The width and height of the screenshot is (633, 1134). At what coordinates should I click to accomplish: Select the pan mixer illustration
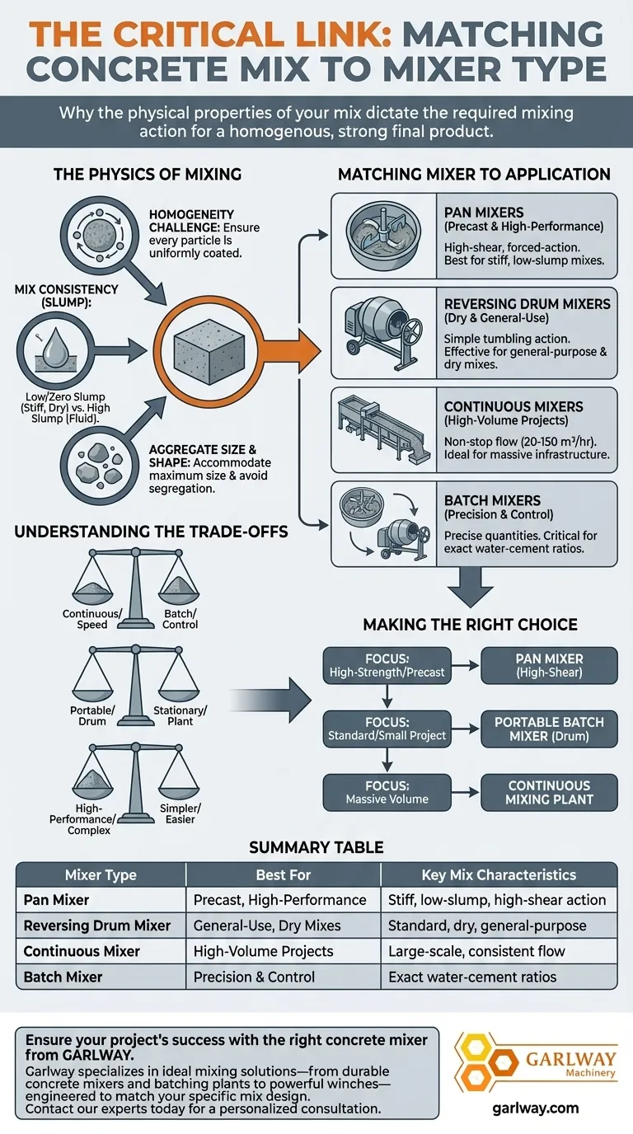382,235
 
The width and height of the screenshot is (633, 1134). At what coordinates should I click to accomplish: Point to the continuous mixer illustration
382,429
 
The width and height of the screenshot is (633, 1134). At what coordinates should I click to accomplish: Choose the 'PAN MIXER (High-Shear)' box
549,665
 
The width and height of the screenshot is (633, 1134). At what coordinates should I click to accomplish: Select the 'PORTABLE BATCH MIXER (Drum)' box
549,729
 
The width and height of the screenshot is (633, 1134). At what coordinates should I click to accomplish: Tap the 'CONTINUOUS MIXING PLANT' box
549,792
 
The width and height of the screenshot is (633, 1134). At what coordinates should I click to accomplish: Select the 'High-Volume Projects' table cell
263,951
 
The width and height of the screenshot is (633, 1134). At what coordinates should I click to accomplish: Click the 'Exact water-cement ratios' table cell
472,977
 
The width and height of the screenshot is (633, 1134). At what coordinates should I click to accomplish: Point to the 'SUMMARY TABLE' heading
316,847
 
